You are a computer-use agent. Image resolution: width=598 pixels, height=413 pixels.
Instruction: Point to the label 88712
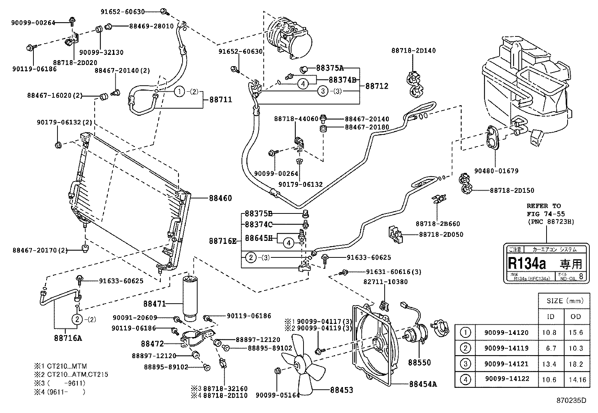coord(377,86)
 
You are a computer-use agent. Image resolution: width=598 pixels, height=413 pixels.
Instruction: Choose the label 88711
coord(220,100)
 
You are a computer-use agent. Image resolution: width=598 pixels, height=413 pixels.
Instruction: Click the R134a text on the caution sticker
coord(527,263)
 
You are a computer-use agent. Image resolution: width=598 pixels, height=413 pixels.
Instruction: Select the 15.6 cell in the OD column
coord(575,333)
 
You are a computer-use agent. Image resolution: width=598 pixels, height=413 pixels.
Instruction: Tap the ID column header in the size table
coord(550,317)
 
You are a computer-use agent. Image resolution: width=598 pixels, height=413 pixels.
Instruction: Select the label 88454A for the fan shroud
coord(423,384)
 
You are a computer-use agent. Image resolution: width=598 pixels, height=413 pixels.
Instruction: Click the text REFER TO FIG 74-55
coord(544,210)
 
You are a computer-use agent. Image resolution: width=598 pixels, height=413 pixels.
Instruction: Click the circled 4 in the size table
coord(465,379)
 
